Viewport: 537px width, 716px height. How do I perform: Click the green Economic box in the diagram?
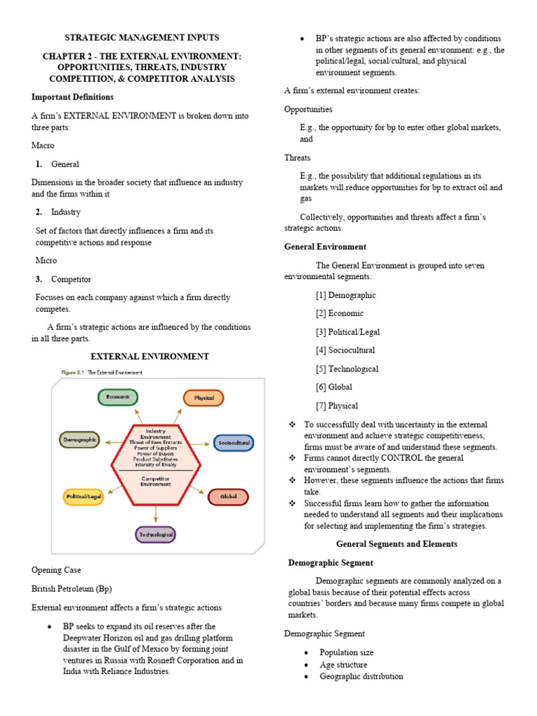117,397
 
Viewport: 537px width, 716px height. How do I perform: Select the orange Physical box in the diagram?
203,398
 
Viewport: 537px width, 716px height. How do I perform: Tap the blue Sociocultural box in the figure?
234,443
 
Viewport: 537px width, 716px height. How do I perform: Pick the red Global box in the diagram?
228,496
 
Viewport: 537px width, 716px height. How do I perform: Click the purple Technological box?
155,534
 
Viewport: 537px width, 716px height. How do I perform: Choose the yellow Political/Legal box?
84,496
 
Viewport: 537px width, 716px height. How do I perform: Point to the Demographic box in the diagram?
80,441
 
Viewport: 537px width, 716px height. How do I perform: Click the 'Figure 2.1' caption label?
69,373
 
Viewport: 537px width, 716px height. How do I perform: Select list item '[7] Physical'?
336,406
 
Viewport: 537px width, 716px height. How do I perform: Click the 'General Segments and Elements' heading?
396,543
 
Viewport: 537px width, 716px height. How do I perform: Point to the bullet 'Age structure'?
343,665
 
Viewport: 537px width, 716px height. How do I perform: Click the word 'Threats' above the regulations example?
297,158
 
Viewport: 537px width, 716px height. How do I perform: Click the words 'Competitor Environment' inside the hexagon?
155,480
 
